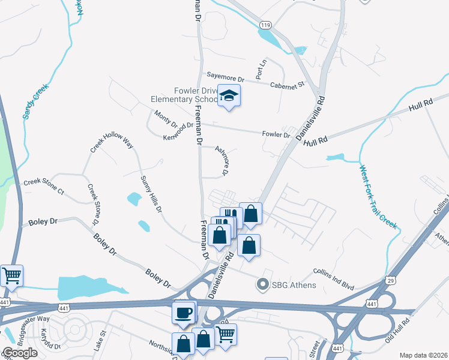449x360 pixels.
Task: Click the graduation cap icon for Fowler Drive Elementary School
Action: tap(229, 96)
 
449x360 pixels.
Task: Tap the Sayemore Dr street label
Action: tap(226, 78)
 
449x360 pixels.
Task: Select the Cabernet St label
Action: tap(288, 85)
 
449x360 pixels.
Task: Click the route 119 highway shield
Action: tap(266, 25)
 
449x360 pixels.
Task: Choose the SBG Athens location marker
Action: tap(261, 284)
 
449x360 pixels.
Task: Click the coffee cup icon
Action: tap(182, 312)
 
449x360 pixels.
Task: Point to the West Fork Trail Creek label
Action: tap(378, 196)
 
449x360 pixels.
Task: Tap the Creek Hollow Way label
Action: tap(111, 143)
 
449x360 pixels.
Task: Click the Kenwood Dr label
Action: tap(178, 131)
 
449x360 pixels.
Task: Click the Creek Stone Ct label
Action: tap(43, 186)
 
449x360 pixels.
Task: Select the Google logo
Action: tap(20, 352)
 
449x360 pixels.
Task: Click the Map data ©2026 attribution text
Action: tap(423, 355)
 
